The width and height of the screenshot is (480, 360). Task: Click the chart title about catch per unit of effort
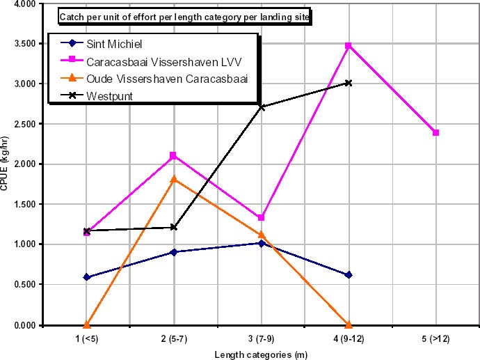[x=184, y=16]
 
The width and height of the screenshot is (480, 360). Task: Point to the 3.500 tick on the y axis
[x=22, y=43]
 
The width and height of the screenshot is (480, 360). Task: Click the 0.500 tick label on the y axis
[x=22, y=284]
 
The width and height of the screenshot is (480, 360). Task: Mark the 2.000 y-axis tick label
[x=22, y=164]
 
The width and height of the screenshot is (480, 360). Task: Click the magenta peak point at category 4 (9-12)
[x=348, y=45]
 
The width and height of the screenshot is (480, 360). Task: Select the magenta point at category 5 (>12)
[x=435, y=132]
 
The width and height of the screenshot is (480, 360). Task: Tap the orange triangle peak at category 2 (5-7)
[x=173, y=179]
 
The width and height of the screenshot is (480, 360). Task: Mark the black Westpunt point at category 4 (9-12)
[x=348, y=82]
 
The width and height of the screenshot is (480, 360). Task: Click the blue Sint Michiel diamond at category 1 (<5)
[x=86, y=277]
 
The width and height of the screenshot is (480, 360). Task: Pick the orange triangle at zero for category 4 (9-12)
[x=348, y=324]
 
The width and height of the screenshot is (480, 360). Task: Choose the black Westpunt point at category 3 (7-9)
[x=261, y=107]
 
